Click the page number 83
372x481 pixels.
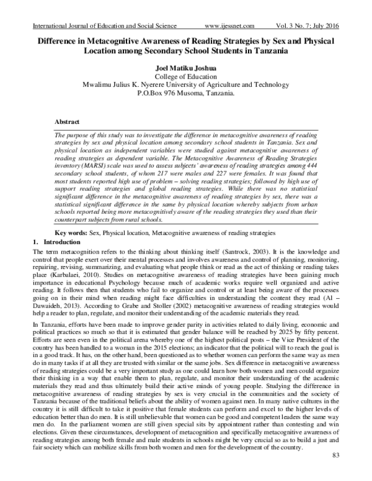click(337, 474)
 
